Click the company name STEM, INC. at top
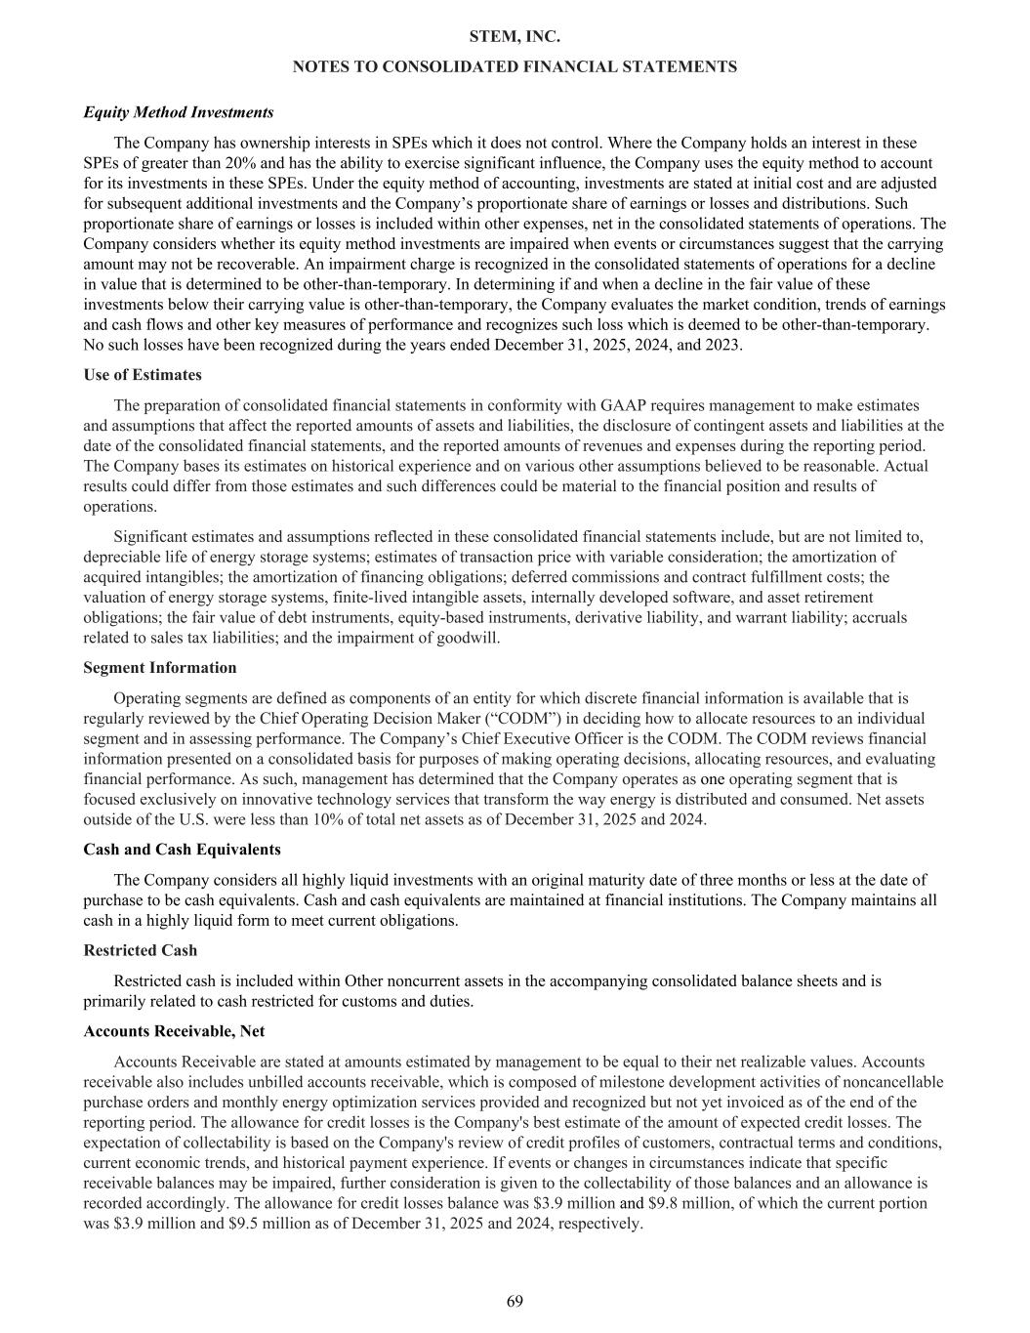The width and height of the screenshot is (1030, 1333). coord(515,36)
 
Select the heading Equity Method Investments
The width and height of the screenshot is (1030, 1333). coord(179,112)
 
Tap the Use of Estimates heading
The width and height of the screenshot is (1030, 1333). coord(143,375)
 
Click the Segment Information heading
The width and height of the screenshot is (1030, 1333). coord(160,668)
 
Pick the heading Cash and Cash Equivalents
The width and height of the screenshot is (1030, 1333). coord(182,850)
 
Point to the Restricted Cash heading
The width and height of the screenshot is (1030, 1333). coord(141,950)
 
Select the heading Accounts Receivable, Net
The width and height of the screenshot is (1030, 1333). coord(174,1031)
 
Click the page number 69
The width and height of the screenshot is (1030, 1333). coord(515,1301)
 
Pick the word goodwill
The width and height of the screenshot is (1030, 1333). coord(471,638)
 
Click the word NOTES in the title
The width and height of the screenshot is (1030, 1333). coord(318,66)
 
